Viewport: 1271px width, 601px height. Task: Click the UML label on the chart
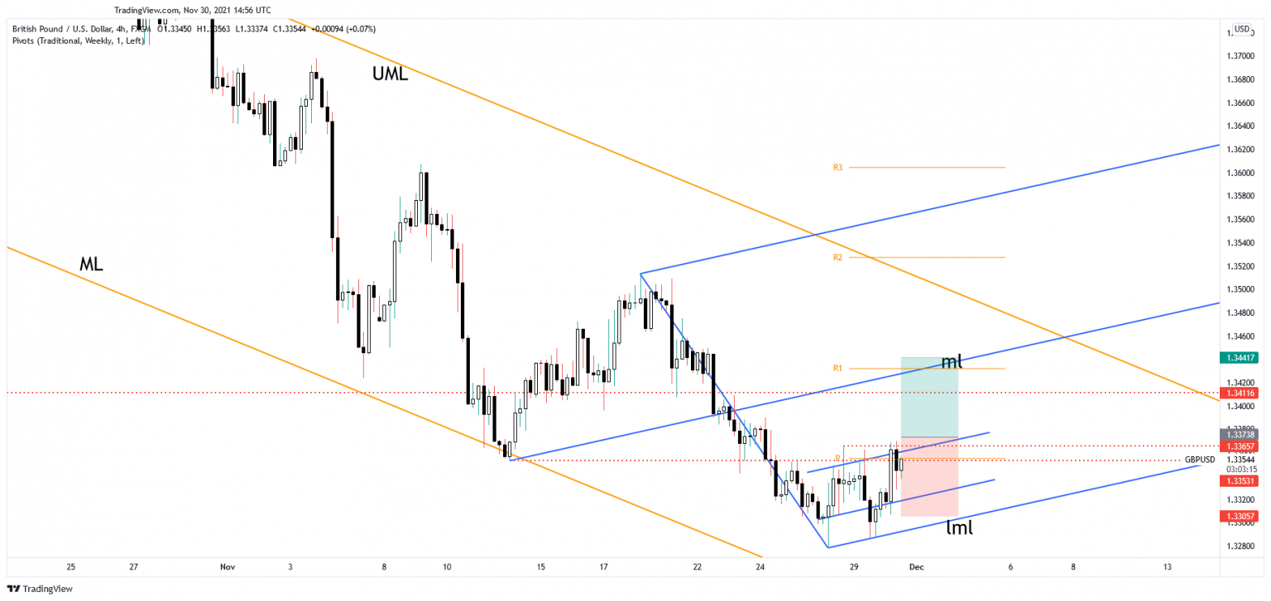[x=390, y=74]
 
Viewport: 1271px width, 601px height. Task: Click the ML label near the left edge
[x=92, y=265]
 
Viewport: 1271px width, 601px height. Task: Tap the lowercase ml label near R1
[x=952, y=361]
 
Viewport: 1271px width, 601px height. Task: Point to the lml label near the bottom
[x=959, y=527]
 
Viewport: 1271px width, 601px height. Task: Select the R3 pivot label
[x=837, y=168]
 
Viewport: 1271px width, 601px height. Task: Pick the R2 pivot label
[x=837, y=258]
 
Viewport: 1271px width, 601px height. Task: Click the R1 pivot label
[x=837, y=368]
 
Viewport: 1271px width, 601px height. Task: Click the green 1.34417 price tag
[x=1239, y=358]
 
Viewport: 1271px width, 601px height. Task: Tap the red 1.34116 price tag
[x=1239, y=394]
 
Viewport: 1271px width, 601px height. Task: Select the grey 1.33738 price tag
[x=1239, y=434]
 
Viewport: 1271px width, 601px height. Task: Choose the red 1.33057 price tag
[x=1239, y=516]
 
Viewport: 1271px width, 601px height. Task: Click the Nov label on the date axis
[x=228, y=567]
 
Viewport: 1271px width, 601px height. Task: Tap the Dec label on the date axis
[x=916, y=567]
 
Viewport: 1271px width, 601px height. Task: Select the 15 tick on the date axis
[x=540, y=567]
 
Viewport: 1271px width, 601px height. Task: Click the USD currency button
[x=1242, y=29]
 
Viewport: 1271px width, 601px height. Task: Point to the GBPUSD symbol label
[x=1200, y=459]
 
